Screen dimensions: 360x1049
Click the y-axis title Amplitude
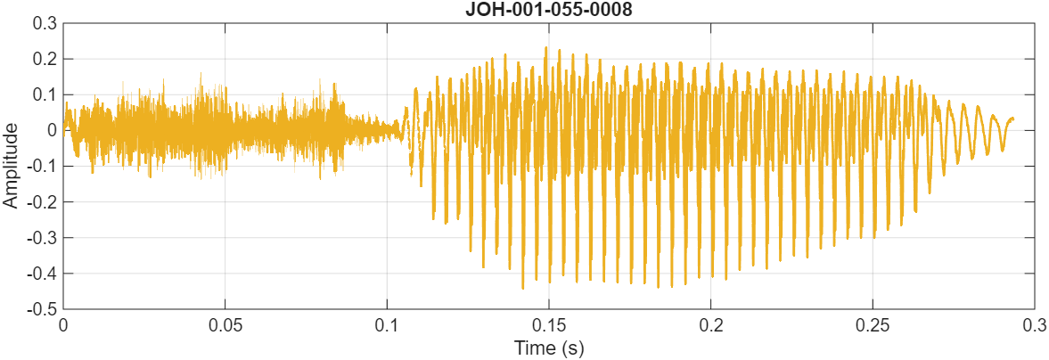coord(11,166)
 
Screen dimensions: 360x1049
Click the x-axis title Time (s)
coord(549,348)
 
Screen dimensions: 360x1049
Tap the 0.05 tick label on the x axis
coord(225,325)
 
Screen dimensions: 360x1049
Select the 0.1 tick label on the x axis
coord(387,325)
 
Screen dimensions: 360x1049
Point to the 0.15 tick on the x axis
coord(549,325)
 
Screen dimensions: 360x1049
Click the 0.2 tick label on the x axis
coord(711,325)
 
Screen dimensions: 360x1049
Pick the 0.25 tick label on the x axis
coord(873,325)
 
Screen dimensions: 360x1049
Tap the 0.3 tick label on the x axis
coord(1034,325)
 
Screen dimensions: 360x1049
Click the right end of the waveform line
coord(1012,119)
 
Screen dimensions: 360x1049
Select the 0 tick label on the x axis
coord(63,325)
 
